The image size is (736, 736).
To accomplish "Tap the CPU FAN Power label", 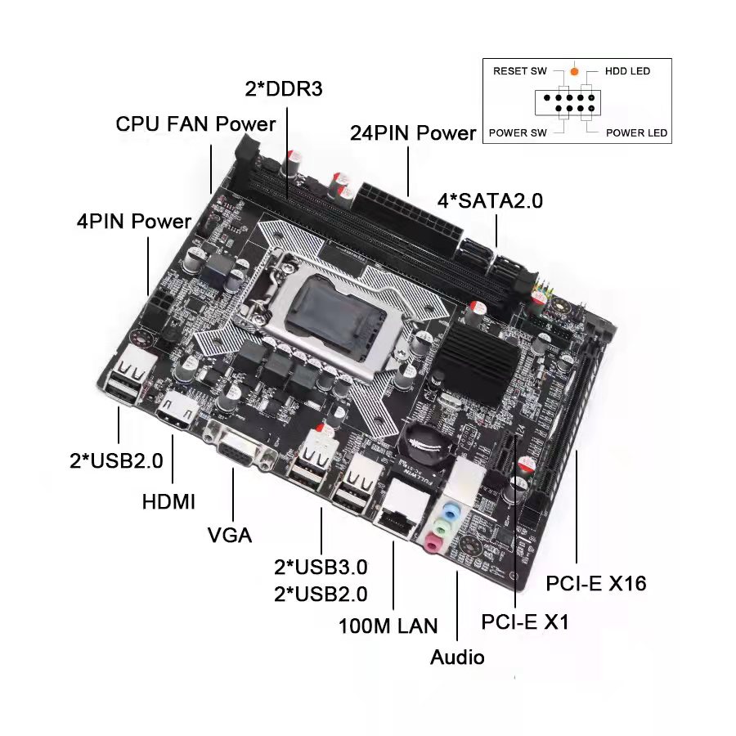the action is coord(195,124).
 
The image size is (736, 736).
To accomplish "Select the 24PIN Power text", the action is coord(413,132).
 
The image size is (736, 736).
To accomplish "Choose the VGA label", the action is coord(230,536).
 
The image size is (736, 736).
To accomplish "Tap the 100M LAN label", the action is coord(388,626).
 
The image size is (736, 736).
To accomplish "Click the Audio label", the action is coord(457,657).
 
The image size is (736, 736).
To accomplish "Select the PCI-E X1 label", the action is coord(524,622).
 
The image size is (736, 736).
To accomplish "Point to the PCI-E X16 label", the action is coord(596,583).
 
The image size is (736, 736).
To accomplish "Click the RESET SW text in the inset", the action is coord(519,71).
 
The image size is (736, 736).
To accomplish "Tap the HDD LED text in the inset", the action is coord(627,71).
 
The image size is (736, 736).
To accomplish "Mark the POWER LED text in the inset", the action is coord(636,132).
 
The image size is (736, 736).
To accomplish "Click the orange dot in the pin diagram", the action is coord(575,71).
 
